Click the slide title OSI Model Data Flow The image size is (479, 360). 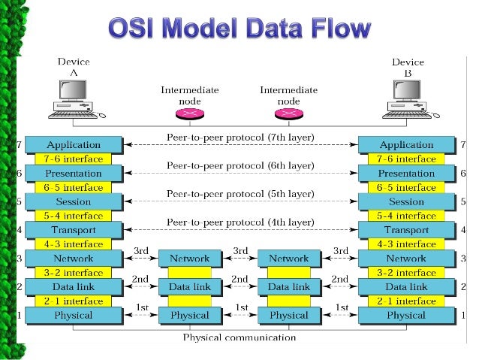click(x=239, y=29)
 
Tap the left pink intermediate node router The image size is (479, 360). click(x=190, y=113)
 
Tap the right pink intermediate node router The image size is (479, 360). click(x=289, y=113)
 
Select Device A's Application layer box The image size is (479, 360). click(x=74, y=144)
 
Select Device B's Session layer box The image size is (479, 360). click(x=406, y=201)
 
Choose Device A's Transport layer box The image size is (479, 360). click(x=74, y=230)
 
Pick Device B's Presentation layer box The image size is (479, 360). click(x=406, y=173)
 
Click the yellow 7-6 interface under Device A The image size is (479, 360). click(x=74, y=159)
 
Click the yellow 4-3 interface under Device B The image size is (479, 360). click(x=406, y=244)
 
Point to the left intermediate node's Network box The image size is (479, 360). click(x=190, y=259)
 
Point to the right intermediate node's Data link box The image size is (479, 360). click(x=289, y=287)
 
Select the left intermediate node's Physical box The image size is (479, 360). click(x=190, y=315)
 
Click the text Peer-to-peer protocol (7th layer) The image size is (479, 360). click(x=239, y=137)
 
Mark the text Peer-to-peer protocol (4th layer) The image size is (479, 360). click(x=239, y=222)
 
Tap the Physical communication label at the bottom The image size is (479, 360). click(x=239, y=337)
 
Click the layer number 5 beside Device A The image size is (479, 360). click(x=20, y=201)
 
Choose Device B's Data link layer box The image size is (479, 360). click(x=406, y=287)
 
